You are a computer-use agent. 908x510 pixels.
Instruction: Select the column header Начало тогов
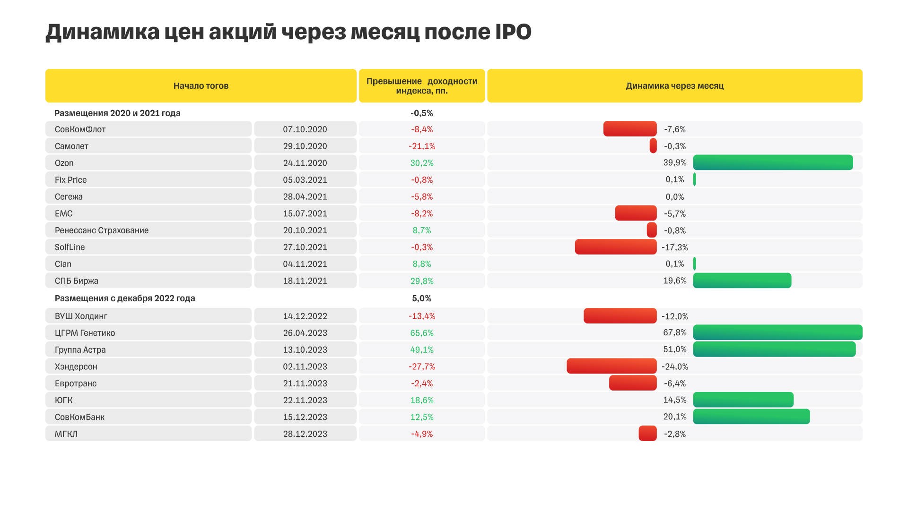coord(201,86)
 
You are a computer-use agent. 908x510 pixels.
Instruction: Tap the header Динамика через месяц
coord(674,86)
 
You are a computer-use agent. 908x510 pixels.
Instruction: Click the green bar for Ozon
coord(773,162)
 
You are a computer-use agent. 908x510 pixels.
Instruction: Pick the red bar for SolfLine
coord(615,247)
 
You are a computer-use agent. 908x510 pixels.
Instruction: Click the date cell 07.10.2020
coord(305,129)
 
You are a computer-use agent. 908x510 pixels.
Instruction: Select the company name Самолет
coord(71,146)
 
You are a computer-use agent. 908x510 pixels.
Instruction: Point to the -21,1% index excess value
coord(422,146)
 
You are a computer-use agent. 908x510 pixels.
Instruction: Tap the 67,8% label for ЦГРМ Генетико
coord(674,332)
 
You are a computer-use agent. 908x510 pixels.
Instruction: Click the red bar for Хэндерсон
coord(611,366)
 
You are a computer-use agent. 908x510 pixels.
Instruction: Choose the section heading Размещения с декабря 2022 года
coord(125,298)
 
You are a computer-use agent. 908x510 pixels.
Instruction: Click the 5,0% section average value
coord(421,298)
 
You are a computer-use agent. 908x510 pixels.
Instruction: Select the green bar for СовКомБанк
coord(751,416)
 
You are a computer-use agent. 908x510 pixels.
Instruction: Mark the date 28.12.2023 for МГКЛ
coord(305,434)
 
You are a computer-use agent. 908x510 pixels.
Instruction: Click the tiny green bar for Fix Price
coord(694,179)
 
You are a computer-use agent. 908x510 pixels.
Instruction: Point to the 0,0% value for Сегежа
coord(674,197)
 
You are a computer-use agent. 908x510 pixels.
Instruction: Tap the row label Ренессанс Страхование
coord(102,230)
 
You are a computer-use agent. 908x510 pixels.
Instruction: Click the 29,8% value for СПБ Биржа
coord(422,281)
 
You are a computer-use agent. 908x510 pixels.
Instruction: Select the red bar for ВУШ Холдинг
coord(620,316)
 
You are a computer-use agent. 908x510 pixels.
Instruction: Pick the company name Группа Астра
coord(80,350)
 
